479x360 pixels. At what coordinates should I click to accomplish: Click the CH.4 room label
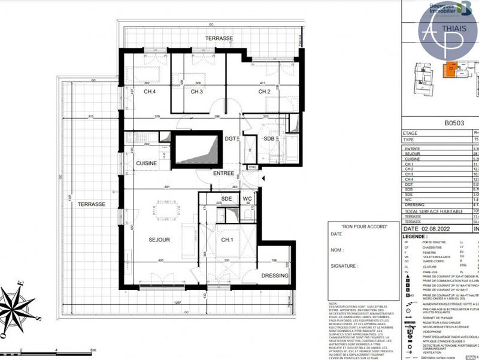(150, 92)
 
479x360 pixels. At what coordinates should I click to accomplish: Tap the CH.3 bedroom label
(198, 92)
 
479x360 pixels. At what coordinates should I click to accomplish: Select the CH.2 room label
(265, 92)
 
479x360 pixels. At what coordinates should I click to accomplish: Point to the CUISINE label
(146, 164)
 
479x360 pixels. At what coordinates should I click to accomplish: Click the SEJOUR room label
(160, 240)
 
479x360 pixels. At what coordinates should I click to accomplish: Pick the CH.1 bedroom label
(228, 240)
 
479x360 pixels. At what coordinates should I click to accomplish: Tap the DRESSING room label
(275, 276)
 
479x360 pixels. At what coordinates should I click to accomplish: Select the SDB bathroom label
(269, 138)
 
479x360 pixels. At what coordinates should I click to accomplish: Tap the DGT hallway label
(230, 138)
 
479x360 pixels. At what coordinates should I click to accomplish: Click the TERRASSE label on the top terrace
(219, 38)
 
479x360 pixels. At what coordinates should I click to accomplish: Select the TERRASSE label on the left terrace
(91, 204)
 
